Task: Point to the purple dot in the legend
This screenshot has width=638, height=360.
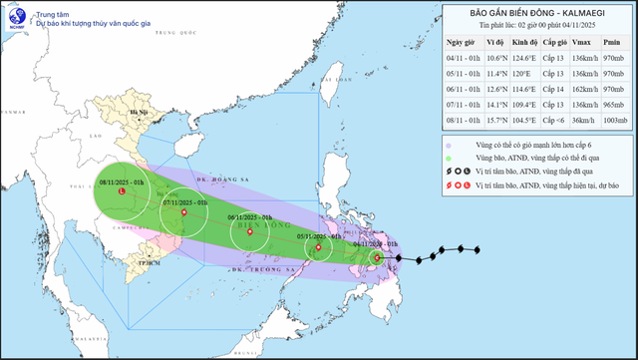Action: pyautogui.click(x=451, y=143)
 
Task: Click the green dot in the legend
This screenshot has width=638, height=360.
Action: pyautogui.click(x=451, y=157)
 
